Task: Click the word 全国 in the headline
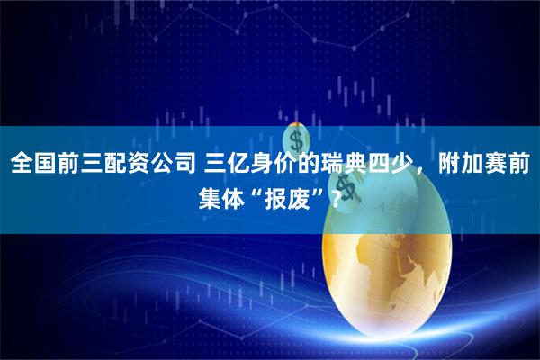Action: coord(32,164)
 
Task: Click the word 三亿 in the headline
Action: coord(228,164)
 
